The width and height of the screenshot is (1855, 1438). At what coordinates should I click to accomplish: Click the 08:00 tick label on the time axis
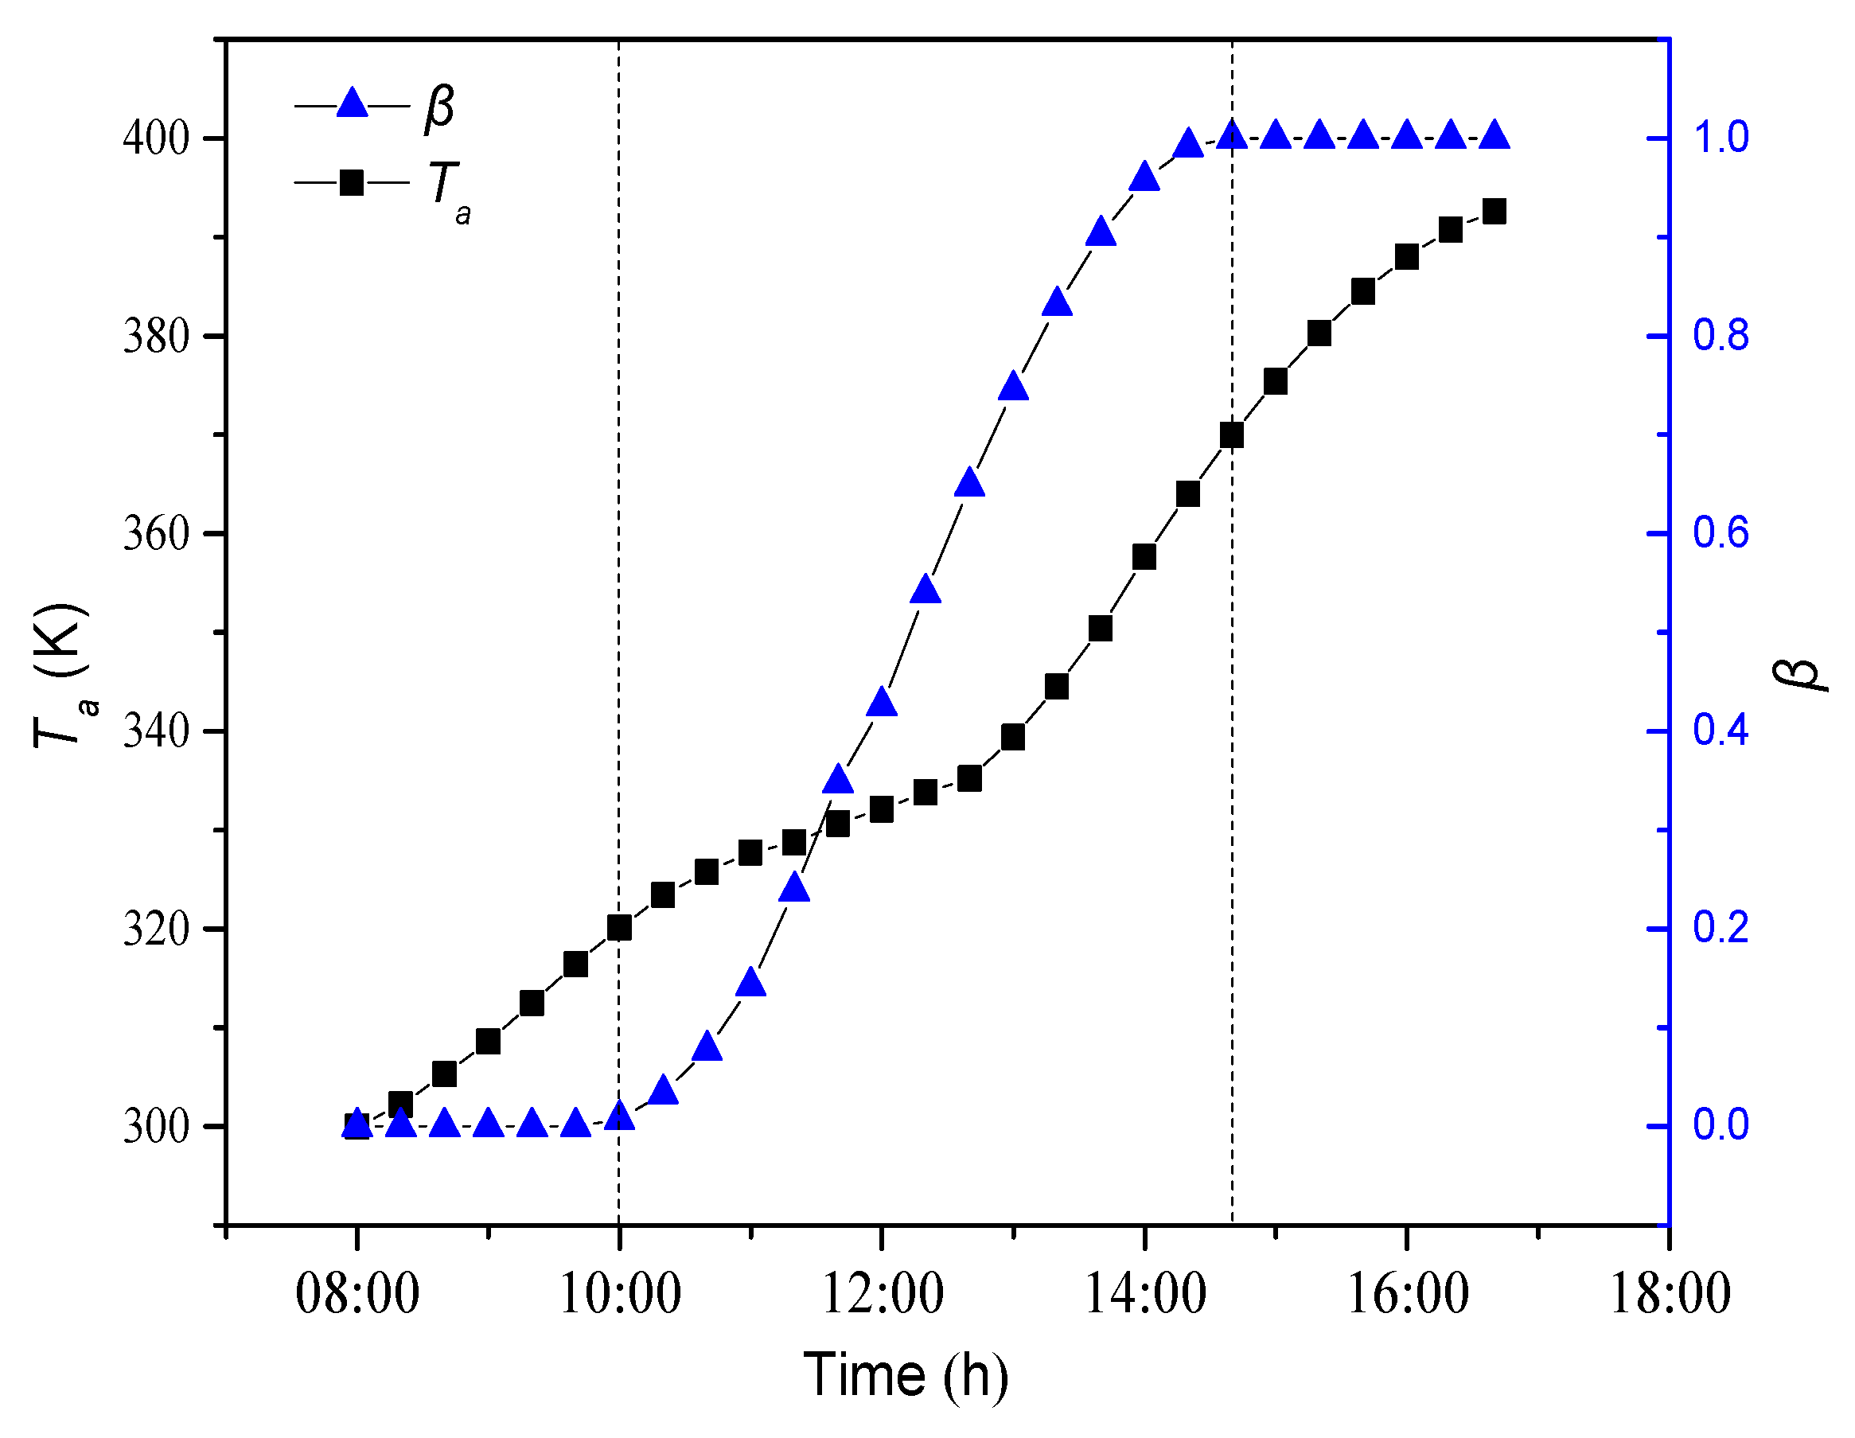pos(357,1296)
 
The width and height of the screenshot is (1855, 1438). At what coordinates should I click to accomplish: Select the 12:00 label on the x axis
pos(882,1296)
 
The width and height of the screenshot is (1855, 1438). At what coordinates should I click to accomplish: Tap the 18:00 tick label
pos(1669,1296)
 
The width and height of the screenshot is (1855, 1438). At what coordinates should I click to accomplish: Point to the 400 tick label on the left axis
pos(155,138)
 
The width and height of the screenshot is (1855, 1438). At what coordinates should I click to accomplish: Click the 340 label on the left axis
pos(155,731)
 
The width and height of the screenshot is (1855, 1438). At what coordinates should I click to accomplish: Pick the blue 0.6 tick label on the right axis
pos(1721,533)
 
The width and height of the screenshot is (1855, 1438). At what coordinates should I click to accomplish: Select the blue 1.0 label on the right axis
pos(1721,138)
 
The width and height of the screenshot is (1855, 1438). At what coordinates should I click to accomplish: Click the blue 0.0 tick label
pos(1721,1125)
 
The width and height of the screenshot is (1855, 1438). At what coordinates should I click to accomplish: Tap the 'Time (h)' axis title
pos(906,1376)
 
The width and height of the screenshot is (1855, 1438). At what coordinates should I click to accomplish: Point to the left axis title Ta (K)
pos(63,676)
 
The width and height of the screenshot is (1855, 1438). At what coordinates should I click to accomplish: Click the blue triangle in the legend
pos(352,104)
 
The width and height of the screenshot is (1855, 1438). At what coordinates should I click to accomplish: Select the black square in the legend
pos(352,182)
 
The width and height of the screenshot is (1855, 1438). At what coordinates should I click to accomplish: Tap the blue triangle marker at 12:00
pos(882,703)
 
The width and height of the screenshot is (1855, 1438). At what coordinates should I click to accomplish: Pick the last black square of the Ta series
pos(1494,212)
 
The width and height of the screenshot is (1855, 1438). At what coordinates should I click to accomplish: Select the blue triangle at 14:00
pos(1144,177)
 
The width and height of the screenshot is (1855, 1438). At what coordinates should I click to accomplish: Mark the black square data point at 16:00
pos(1406,256)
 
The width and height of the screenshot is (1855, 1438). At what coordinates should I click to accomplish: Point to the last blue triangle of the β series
pos(1494,135)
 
